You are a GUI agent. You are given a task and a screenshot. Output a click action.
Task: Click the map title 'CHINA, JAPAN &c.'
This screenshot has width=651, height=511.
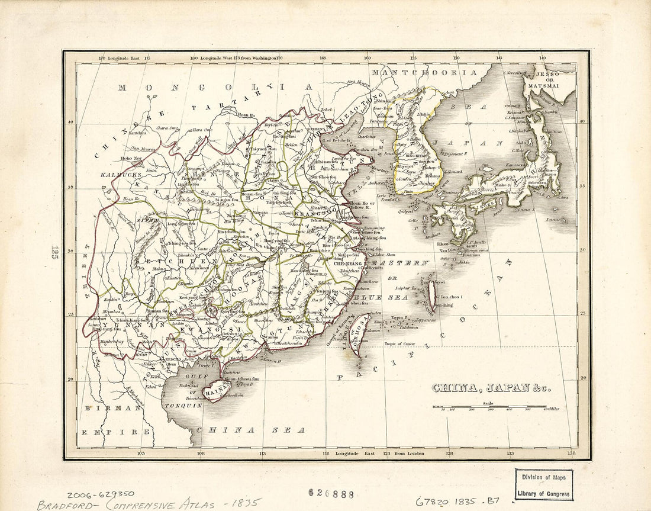(490, 388)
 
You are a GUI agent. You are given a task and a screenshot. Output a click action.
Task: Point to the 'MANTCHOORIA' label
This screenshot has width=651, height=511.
(423, 73)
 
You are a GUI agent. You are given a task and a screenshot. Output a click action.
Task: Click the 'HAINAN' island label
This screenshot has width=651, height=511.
(213, 391)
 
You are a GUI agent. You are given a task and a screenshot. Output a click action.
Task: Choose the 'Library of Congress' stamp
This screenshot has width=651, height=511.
(543, 484)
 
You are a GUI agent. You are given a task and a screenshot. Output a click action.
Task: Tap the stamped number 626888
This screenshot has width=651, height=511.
(331, 493)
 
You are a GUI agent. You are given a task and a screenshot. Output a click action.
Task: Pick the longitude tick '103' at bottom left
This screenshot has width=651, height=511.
(141, 454)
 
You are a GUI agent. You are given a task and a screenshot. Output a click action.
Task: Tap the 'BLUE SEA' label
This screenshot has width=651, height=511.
(382, 297)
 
